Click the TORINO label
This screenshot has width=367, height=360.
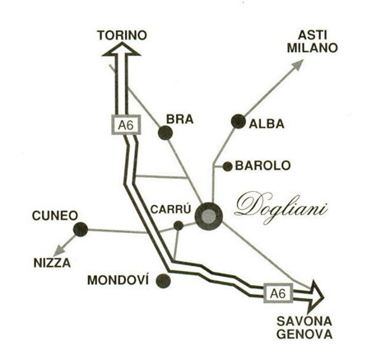pos(121,35)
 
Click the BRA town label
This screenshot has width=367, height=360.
pos(179,119)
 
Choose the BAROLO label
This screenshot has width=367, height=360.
pos(263,166)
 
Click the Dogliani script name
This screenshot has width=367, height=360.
pos(282,206)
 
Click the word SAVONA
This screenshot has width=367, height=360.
pos(304,320)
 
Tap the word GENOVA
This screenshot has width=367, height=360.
pos(304,334)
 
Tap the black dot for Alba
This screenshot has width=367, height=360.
pos(239,121)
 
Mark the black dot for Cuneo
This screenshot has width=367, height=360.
pos(80,229)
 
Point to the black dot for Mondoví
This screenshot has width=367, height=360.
pos(163,280)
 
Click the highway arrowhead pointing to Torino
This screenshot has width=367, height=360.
pos(120,50)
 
